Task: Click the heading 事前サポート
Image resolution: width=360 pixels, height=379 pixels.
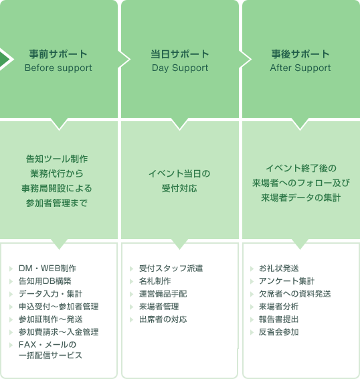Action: tap(58, 54)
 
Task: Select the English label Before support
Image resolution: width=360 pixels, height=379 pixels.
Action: tap(58, 68)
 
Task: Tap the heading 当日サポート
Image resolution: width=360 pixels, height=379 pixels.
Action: tap(180, 54)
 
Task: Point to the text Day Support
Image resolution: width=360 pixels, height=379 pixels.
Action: tap(180, 68)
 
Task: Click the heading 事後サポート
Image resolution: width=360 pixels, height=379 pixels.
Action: tap(300, 54)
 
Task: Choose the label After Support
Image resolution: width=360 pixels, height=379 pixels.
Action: tap(300, 68)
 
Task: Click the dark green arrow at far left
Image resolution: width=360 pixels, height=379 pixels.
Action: tap(6, 60)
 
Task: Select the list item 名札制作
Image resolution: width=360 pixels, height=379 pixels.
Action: tap(155, 281)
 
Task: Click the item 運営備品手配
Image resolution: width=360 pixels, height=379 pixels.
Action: tap(163, 293)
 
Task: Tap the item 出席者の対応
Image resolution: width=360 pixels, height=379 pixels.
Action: tap(163, 319)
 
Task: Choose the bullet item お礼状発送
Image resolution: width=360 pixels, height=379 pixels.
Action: tap(279, 268)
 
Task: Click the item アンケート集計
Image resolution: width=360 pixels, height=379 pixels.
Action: tap(286, 281)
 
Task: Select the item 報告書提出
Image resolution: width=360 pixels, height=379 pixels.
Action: tap(278, 319)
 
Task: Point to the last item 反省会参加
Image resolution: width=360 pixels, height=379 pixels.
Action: tap(278, 331)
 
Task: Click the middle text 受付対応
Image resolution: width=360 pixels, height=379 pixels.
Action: tap(180, 188)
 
